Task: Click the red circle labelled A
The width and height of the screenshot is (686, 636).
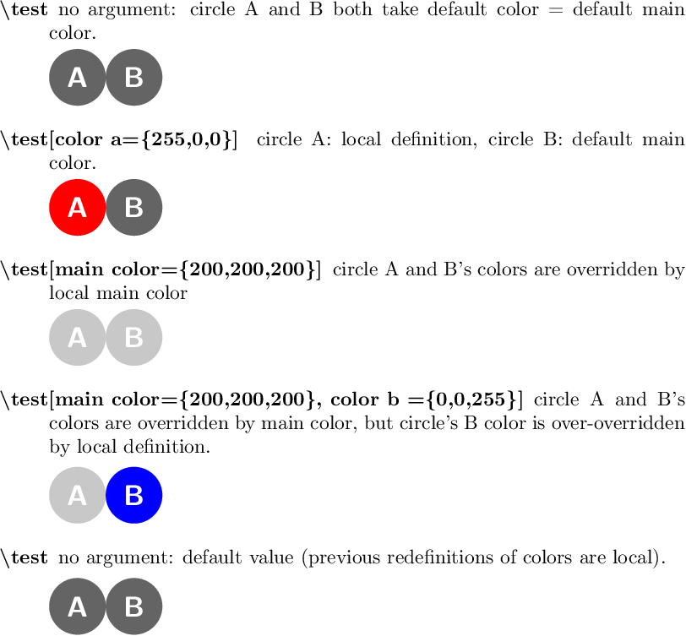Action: click(77, 206)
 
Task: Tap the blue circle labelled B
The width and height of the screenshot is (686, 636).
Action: click(133, 495)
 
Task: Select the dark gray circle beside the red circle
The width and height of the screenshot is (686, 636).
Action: click(133, 206)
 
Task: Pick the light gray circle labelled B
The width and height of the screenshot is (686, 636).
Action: click(133, 338)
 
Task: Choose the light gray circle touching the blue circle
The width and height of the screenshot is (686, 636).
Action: click(77, 495)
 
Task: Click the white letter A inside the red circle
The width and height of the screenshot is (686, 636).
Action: click(77, 207)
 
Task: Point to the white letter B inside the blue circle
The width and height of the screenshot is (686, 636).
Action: click(133, 496)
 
